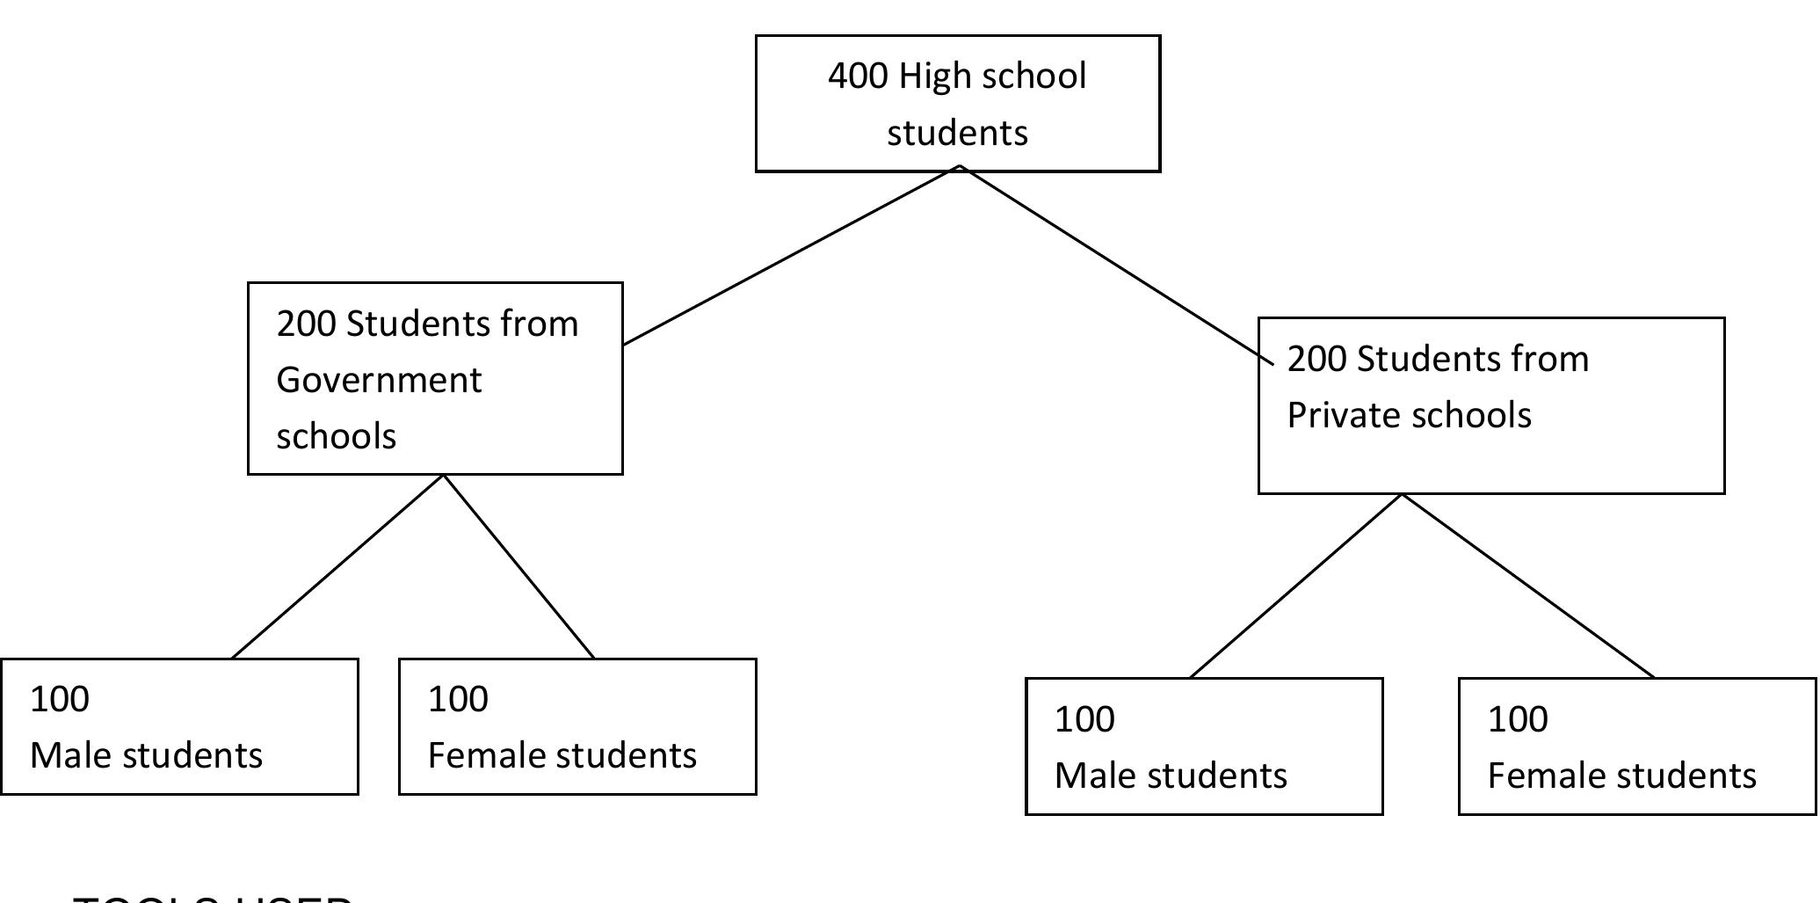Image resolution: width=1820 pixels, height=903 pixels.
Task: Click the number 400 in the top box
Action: click(857, 76)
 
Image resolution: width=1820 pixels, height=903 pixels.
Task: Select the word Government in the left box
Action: click(379, 381)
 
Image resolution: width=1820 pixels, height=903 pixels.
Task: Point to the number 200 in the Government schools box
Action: click(306, 324)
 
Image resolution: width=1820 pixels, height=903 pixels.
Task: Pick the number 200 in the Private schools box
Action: click(1316, 360)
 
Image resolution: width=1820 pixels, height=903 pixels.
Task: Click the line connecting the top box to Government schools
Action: click(791, 255)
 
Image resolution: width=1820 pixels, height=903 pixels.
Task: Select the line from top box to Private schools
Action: click(1116, 264)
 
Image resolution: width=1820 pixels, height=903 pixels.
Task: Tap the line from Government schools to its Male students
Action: click(338, 566)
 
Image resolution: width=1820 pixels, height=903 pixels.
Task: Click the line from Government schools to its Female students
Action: click(518, 566)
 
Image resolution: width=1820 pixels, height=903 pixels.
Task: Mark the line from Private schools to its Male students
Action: click(1296, 586)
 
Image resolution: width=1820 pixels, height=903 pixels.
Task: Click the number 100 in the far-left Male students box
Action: click(60, 700)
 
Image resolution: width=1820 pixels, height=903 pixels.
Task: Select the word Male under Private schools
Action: click(1094, 776)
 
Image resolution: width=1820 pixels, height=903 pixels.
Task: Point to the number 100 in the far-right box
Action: click(1518, 720)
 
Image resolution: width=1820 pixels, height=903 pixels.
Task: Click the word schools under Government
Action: click(337, 437)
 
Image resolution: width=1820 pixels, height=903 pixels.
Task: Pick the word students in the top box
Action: click(957, 134)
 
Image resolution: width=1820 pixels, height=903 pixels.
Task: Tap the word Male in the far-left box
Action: click(69, 756)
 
